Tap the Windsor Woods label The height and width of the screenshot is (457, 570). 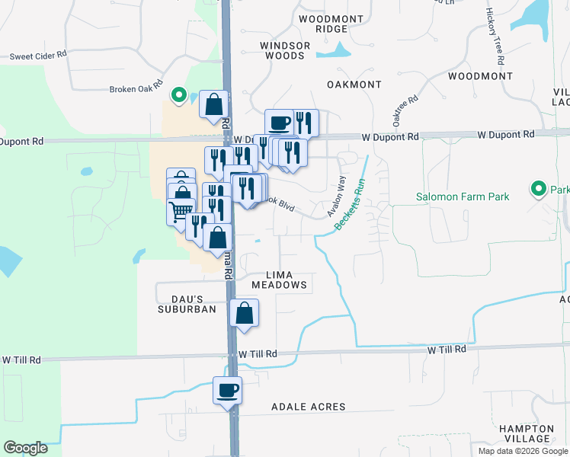[x=285, y=50]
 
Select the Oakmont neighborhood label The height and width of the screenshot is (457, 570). [x=354, y=84]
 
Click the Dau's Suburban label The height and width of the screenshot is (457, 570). [x=181, y=303]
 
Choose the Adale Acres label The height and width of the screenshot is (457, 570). [x=308, y=407]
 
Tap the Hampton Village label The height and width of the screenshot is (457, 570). [x=527, y=433]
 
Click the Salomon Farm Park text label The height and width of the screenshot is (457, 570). [x=463, y=197]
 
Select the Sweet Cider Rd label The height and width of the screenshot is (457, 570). [x=38, y=56]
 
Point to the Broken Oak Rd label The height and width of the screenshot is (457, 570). [x=136, y=88]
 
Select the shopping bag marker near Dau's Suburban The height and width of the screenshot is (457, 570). [x=244, y=313]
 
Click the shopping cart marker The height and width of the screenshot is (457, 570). [x=181, y=209]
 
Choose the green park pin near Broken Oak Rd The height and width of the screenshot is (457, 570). [x=178, y=95]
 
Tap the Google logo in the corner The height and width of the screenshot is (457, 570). [x=25, y=448]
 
